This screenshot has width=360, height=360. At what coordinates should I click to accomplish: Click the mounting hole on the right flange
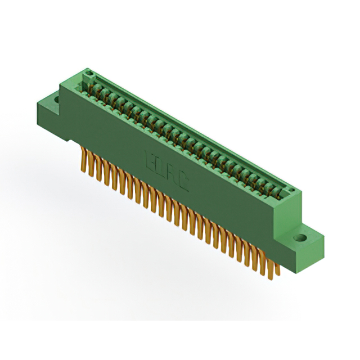coord(301,237)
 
